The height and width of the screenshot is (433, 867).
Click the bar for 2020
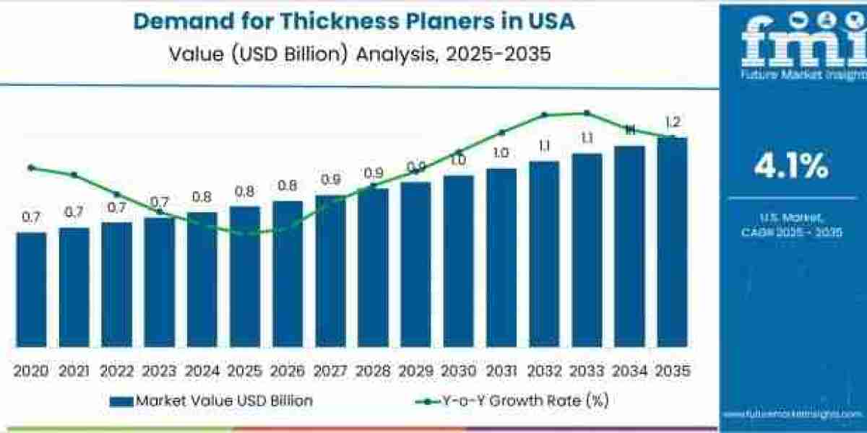pyautogui.click(x=31, y=289)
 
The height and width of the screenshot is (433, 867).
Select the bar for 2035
pyautogui.click(x=672, y=242)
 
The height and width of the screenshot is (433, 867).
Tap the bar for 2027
pyautogui.click(x=330, y=271)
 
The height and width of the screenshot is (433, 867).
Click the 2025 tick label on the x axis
pyautogui.click(x=245, y=371)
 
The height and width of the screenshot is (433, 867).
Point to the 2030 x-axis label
pyautogui.click(x=459, y=371)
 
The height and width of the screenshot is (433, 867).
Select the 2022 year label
pyautogui.click(x=117, y=371)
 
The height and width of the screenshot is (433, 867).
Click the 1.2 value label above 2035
pyautogui.click(x=673, y=122)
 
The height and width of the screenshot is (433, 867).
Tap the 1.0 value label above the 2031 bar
pyautogui.click(x=501, y=152)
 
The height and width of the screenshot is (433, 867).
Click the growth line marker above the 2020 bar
pyautogui.click(x=30, y=167)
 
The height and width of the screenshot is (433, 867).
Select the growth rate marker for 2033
pyautogui.click(x=587, y=113)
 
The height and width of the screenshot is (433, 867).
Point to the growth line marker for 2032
pyautogui.click(x=544, y=115)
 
